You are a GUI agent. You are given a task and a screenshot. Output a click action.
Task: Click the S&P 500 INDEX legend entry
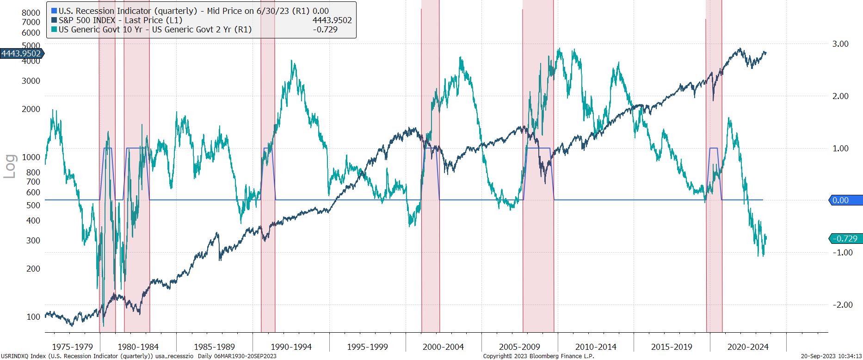point(120,20)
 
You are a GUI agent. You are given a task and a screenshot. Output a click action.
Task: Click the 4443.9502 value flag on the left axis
point(21,54)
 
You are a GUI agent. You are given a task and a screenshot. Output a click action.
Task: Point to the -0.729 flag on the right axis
point(845,239)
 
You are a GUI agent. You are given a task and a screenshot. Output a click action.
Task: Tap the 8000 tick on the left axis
point(31,12)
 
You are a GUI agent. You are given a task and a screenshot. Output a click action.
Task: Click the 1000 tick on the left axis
point(31,157)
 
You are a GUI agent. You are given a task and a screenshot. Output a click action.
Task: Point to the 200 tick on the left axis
point(33,269)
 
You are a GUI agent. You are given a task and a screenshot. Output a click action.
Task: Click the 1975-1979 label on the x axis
point(73,347)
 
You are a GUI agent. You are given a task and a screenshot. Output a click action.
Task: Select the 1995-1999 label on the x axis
point(367,347)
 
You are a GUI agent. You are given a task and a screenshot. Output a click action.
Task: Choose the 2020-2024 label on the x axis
point(748,347)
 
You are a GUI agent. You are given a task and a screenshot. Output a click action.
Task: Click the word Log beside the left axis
point(10,166)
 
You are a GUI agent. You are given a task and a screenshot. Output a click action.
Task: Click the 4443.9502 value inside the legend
point(332,20)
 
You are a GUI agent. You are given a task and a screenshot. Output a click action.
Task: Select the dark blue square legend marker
point(54,20)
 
